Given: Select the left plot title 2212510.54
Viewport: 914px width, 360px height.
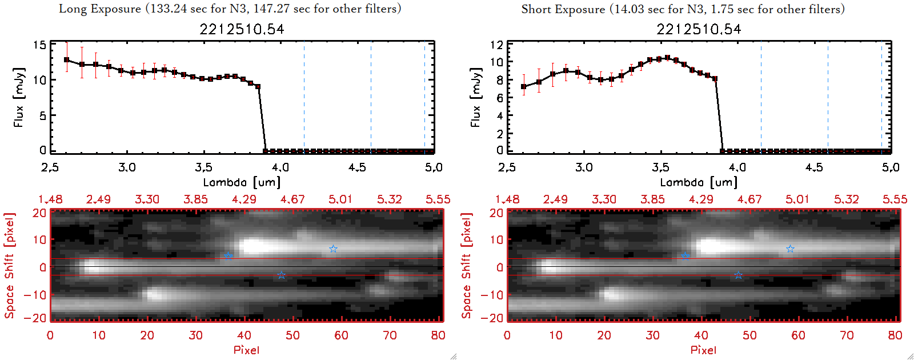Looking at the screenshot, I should click(242, 29).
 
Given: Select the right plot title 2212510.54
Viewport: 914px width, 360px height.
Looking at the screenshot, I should click(699, 29).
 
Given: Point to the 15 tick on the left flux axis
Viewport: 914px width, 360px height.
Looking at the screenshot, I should click(39, 45).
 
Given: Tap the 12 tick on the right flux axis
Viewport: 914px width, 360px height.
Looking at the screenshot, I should click(496, 45).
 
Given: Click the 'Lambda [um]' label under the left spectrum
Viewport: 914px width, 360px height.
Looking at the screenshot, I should click(242, 182).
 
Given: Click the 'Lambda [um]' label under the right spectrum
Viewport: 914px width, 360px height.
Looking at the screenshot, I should click(699, 182).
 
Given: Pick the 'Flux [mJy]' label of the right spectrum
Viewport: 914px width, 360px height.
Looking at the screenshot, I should click(475, 97).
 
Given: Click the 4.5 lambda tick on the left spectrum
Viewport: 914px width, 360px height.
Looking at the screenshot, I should click(357, 167).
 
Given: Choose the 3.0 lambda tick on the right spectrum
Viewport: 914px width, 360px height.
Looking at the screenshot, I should click(584, 167).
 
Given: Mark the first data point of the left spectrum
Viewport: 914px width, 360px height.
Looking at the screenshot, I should click(67, 59).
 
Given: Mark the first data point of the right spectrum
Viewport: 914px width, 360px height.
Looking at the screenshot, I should click(524, 87).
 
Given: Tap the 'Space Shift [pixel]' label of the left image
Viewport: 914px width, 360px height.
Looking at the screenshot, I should click(10, 266).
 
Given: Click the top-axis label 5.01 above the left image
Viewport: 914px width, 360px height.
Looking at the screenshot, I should click(340, 199).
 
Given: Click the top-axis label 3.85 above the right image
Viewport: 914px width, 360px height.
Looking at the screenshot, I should click(652, 199).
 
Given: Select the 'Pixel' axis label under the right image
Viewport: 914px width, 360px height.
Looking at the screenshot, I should click(703, 350).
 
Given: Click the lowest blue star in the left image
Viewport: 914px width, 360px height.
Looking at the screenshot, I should click(281, 275).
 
